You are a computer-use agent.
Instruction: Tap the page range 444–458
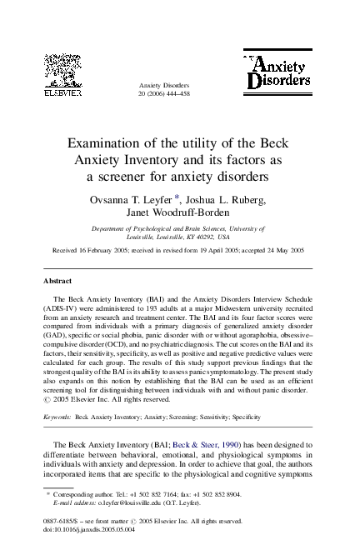[177, 95]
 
